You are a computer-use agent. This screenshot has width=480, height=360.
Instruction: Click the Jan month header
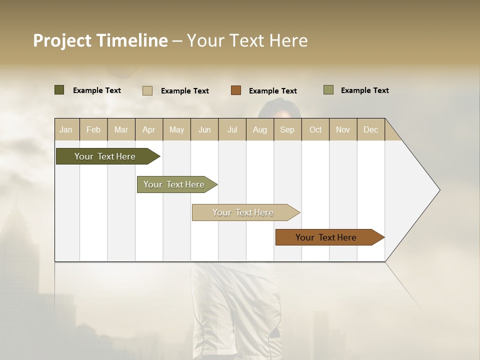coord(66,129)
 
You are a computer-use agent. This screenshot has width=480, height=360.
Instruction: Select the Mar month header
coord(121,129)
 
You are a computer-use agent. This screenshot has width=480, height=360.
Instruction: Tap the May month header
coord(176,129)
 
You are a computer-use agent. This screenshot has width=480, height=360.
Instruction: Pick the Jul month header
coord(232,129)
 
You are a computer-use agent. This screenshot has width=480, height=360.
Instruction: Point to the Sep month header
coord(287,129)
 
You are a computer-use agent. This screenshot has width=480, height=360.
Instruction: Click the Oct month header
coord(315,129)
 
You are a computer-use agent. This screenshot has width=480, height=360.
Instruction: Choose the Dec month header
coord(370,129)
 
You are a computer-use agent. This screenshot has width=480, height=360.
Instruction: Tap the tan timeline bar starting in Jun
coord(243,212)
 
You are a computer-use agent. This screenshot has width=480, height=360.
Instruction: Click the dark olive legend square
coord(59,90)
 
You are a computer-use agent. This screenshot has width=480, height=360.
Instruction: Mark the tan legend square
coord(147,90)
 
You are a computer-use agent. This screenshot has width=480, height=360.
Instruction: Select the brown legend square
coord(236,90)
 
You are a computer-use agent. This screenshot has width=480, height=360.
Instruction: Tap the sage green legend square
coord(328,90)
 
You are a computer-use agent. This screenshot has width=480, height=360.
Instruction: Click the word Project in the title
coord(62,40)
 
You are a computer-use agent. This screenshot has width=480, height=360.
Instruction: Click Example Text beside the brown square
coord(272,91)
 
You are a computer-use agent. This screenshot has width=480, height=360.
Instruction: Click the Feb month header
coord(93,129)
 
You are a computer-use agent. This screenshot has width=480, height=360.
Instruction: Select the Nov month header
coord(342,129)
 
